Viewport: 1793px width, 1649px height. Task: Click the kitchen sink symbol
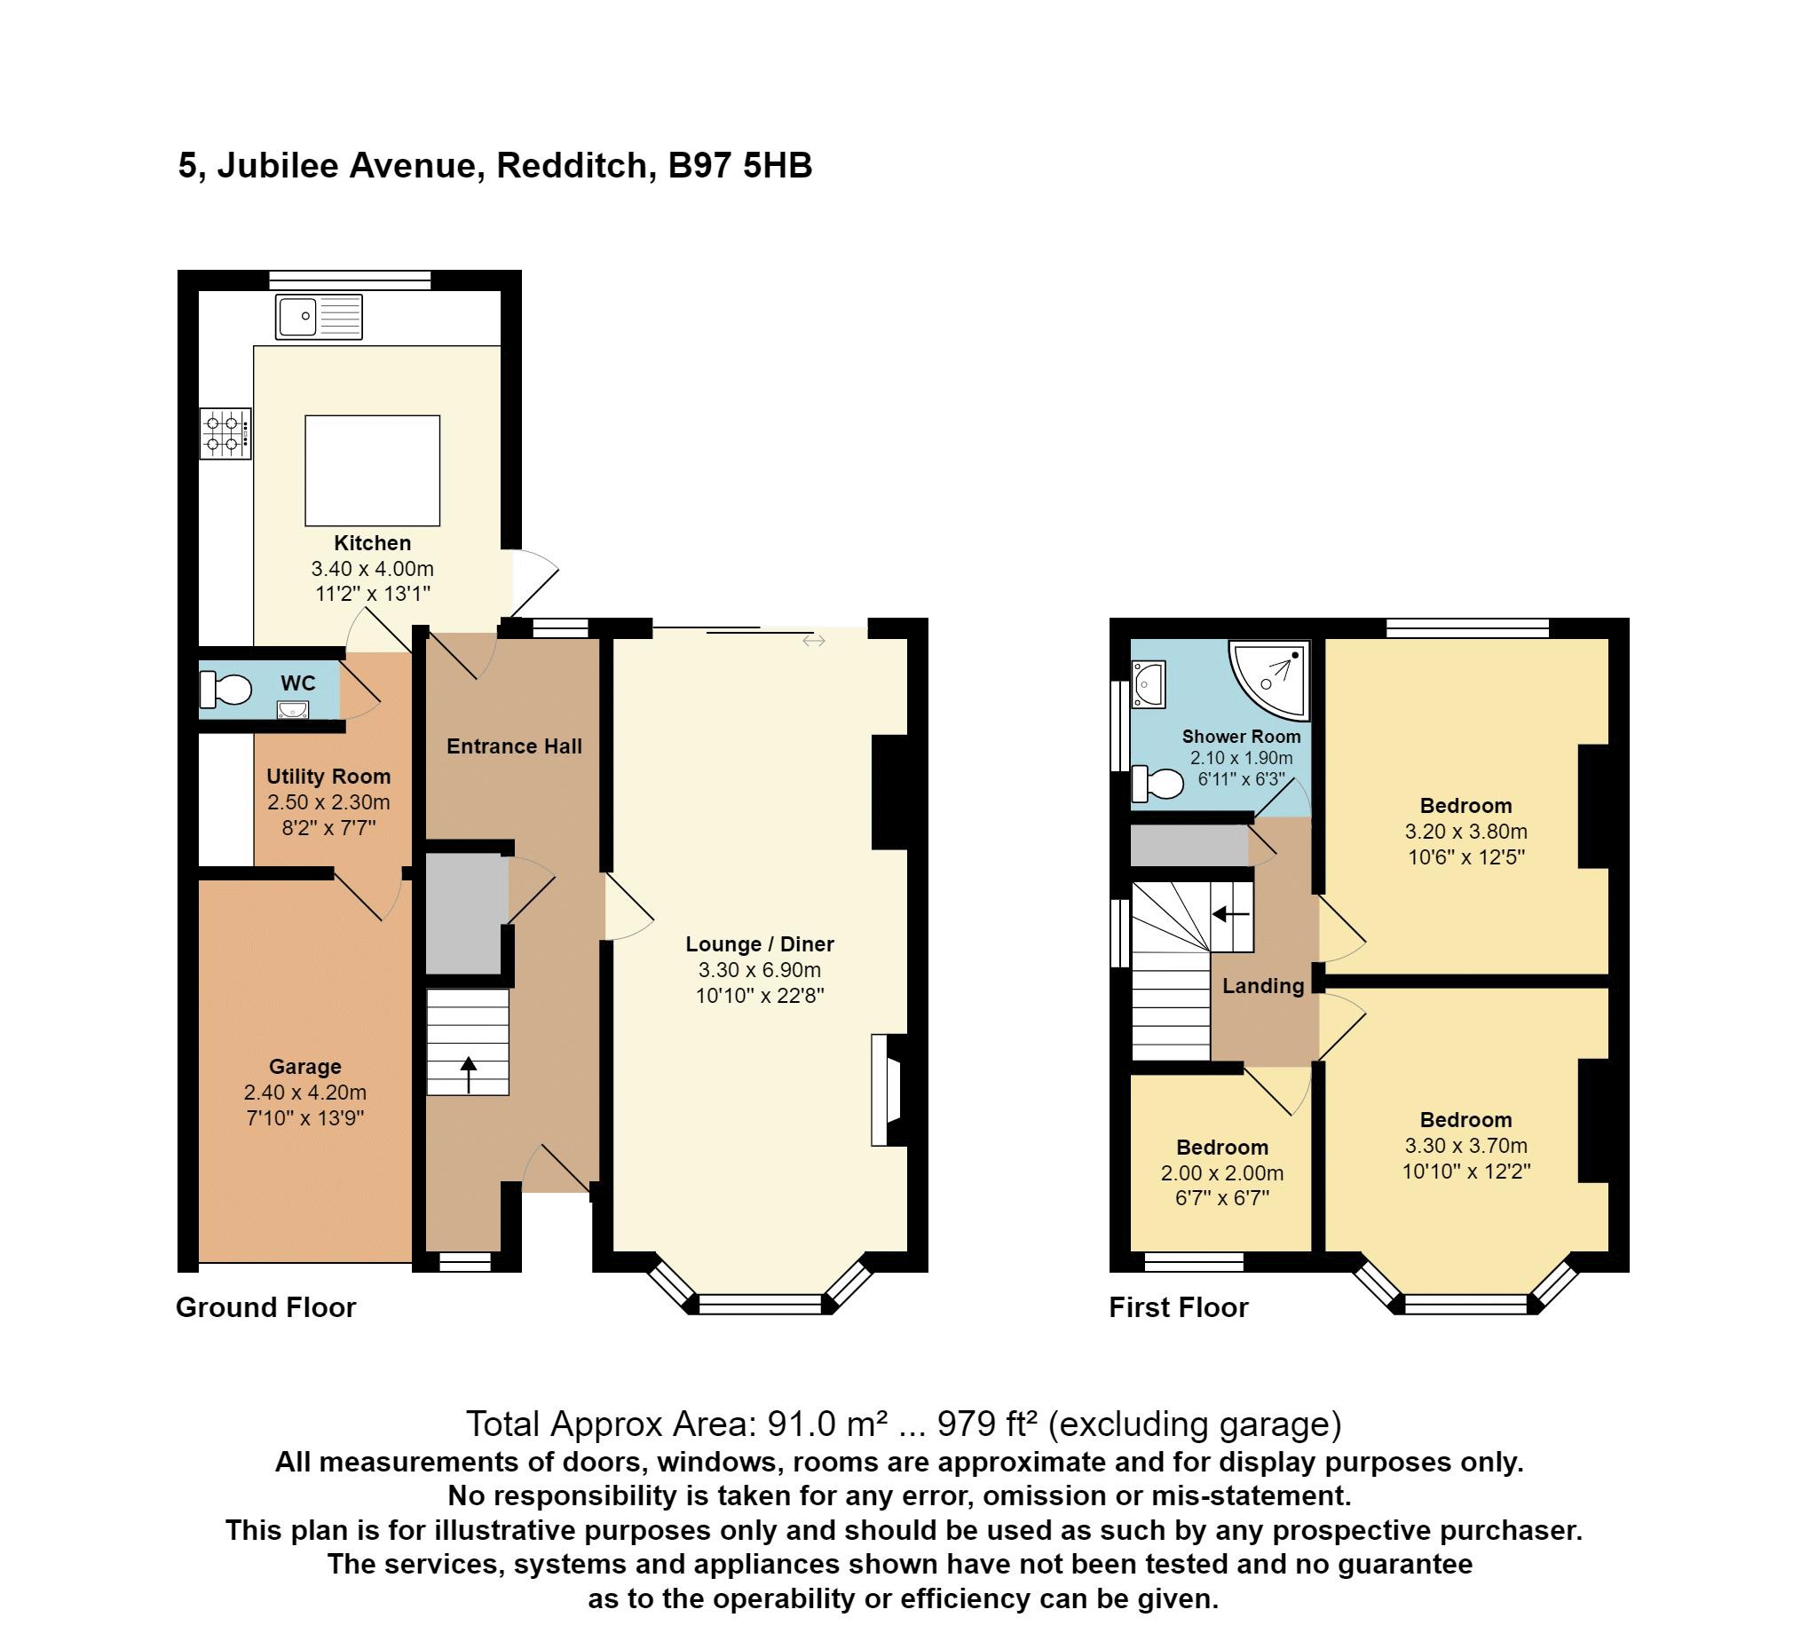pos(319,317)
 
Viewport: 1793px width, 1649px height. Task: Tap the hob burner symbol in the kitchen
pos(225,434)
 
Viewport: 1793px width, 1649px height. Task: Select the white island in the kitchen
pos(372,470)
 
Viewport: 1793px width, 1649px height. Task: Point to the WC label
pos(298,683)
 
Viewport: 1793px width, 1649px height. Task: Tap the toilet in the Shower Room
pos(1157,784)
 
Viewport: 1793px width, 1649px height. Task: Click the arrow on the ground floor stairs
pos(469,1074)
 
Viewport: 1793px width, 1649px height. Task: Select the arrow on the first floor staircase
pos(1231,914)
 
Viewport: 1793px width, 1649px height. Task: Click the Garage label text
pos(305,1066)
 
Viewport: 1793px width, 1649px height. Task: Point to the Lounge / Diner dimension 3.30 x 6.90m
pos(760,970)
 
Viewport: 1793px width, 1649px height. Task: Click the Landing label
pos(1263,986)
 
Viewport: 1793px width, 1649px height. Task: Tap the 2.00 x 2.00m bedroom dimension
pos(1221,1173)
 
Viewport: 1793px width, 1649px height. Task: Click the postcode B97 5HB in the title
pos(740,166)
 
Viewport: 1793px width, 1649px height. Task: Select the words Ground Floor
pos(266,1307)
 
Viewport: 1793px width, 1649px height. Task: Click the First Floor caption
pos(1178,1307)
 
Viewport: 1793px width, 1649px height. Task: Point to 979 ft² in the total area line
pos(987,1424)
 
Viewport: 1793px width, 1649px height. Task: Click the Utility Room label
pos(328,777)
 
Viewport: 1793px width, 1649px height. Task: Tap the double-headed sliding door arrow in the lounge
pos(814,641)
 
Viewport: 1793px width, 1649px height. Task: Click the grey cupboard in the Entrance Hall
pos(464,913)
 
